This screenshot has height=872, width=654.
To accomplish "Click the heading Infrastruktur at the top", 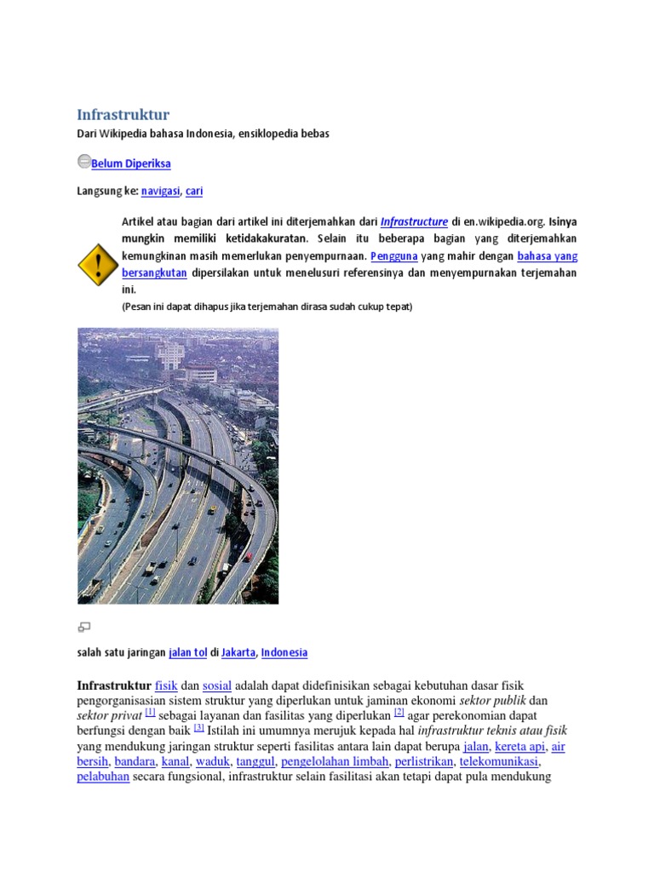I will click(x=123, y=114).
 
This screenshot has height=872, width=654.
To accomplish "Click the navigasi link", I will click(x=160, y=192).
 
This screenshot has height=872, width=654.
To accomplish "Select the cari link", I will click(x=194, y=192).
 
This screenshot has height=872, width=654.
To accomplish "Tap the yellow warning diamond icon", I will click(x=97, y=264).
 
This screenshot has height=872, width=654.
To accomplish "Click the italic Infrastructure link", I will click(x=414, y=221).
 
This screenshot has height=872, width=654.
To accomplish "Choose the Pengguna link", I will click(x=394, y=255).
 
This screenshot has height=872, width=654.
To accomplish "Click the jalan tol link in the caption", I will click(x=188, y=652).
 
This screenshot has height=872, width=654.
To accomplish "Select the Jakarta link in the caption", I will click(x=238, y=652).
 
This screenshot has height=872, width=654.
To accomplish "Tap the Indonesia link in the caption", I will click(x=284, y=652).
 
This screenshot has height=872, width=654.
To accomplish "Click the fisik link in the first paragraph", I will click(x=166, y=686).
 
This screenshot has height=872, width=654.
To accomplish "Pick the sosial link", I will click(x=217, y=686).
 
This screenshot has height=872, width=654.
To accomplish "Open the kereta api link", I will click(x=519, y=747).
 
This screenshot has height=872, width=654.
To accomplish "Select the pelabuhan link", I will click(x=103, y=777).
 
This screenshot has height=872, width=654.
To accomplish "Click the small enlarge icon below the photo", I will click(x=84, y=628).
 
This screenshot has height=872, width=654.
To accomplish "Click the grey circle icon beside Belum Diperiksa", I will click(x=83, y=161).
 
